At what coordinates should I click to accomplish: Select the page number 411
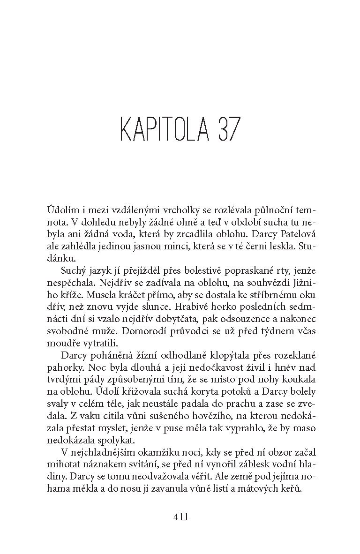tap(180, 517)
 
